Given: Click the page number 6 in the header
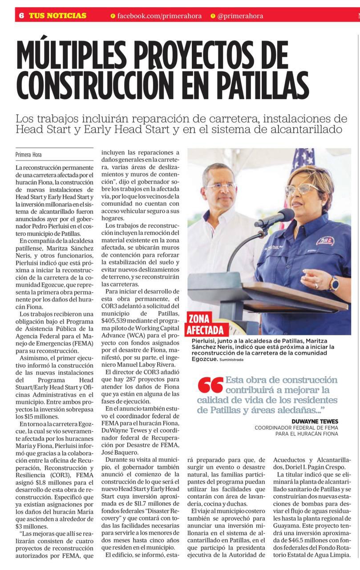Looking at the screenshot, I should [21, 15].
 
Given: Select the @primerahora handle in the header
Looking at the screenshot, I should [240, 16].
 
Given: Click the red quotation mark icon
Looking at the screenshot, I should [210, 386].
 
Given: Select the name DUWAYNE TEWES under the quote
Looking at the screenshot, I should [315, 421].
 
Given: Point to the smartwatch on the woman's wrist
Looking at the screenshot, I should [334, 283].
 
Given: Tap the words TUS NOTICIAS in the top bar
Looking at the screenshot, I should [57, 16].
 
